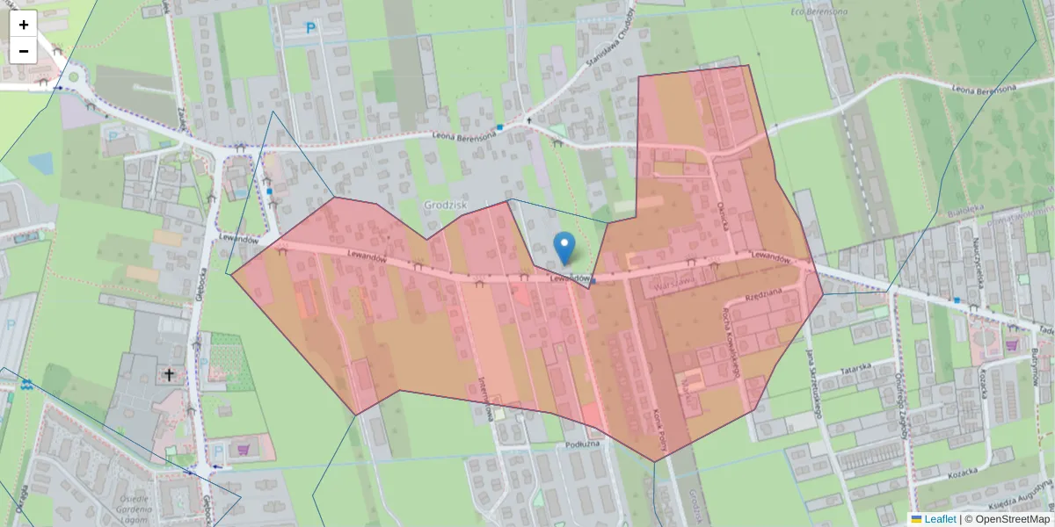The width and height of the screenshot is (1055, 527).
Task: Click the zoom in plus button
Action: click(x=24, y=25)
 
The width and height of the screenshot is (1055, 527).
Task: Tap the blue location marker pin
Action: click(x=564, y=248)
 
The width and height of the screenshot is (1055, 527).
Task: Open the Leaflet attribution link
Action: click(x=939, y=519)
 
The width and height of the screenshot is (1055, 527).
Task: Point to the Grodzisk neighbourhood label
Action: click(x=445, y=205)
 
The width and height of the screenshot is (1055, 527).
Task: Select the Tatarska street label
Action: click(x=855, y=368)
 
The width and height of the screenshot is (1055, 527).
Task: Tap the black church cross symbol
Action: click(x=169, y=375)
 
